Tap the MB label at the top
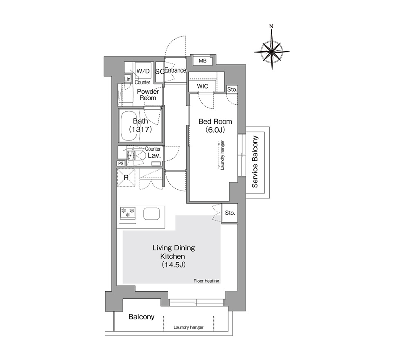[x=203, y=61]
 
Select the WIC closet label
[x=203, y=86]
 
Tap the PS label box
[x=121, y=163]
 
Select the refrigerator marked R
[x=126, y=178]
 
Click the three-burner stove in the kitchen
[x=128, y=213]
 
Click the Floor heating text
[x=206, y=281]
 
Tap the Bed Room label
[x=215, y=122]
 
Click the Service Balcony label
[x=255, y=162]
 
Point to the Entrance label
[x=176, y=70]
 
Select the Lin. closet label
[x=128, y=79]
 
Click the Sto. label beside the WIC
[x=232, y=89]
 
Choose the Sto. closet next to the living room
[x=230, y=213]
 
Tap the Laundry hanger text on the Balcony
[x=188, y=327]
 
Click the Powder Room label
[x=148, y=94]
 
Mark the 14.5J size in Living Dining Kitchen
[x=174, y=265]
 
